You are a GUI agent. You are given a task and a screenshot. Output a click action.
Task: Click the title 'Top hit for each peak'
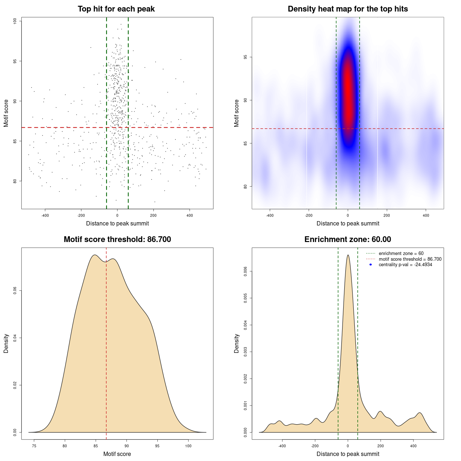(116, 9)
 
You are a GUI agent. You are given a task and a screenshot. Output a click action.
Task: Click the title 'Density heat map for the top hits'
(348, 9)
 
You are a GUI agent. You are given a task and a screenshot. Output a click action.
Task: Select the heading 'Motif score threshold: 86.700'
(117, 240)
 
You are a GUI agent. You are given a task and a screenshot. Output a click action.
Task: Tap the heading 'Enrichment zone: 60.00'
(348, 240)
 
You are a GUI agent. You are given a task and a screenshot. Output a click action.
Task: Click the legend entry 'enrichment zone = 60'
(401, 254)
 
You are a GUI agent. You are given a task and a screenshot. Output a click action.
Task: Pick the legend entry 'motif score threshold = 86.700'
(410, 259)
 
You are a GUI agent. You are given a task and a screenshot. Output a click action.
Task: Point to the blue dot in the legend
(371, 265)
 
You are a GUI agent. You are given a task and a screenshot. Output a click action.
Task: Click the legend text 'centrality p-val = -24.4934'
(405, 265)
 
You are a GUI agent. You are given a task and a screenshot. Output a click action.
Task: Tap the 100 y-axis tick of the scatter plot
(15, 21)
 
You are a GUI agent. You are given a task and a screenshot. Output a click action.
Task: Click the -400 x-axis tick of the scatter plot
(45, 215)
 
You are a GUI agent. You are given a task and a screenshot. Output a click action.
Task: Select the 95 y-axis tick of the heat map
(246, 57)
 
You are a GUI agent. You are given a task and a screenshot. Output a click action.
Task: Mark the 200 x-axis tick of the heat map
(387, 215)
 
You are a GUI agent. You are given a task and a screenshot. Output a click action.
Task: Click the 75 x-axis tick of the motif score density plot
(34, 446)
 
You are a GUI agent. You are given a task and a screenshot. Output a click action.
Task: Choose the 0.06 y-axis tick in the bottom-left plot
(15, 291)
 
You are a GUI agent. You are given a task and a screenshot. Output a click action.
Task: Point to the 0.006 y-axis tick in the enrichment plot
(246, 271)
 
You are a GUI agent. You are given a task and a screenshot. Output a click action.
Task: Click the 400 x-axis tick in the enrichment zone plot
(413, 446)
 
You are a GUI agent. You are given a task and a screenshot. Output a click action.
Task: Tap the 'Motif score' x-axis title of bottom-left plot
(117, 454)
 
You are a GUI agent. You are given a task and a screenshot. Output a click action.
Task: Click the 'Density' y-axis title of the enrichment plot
(237, 343)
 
